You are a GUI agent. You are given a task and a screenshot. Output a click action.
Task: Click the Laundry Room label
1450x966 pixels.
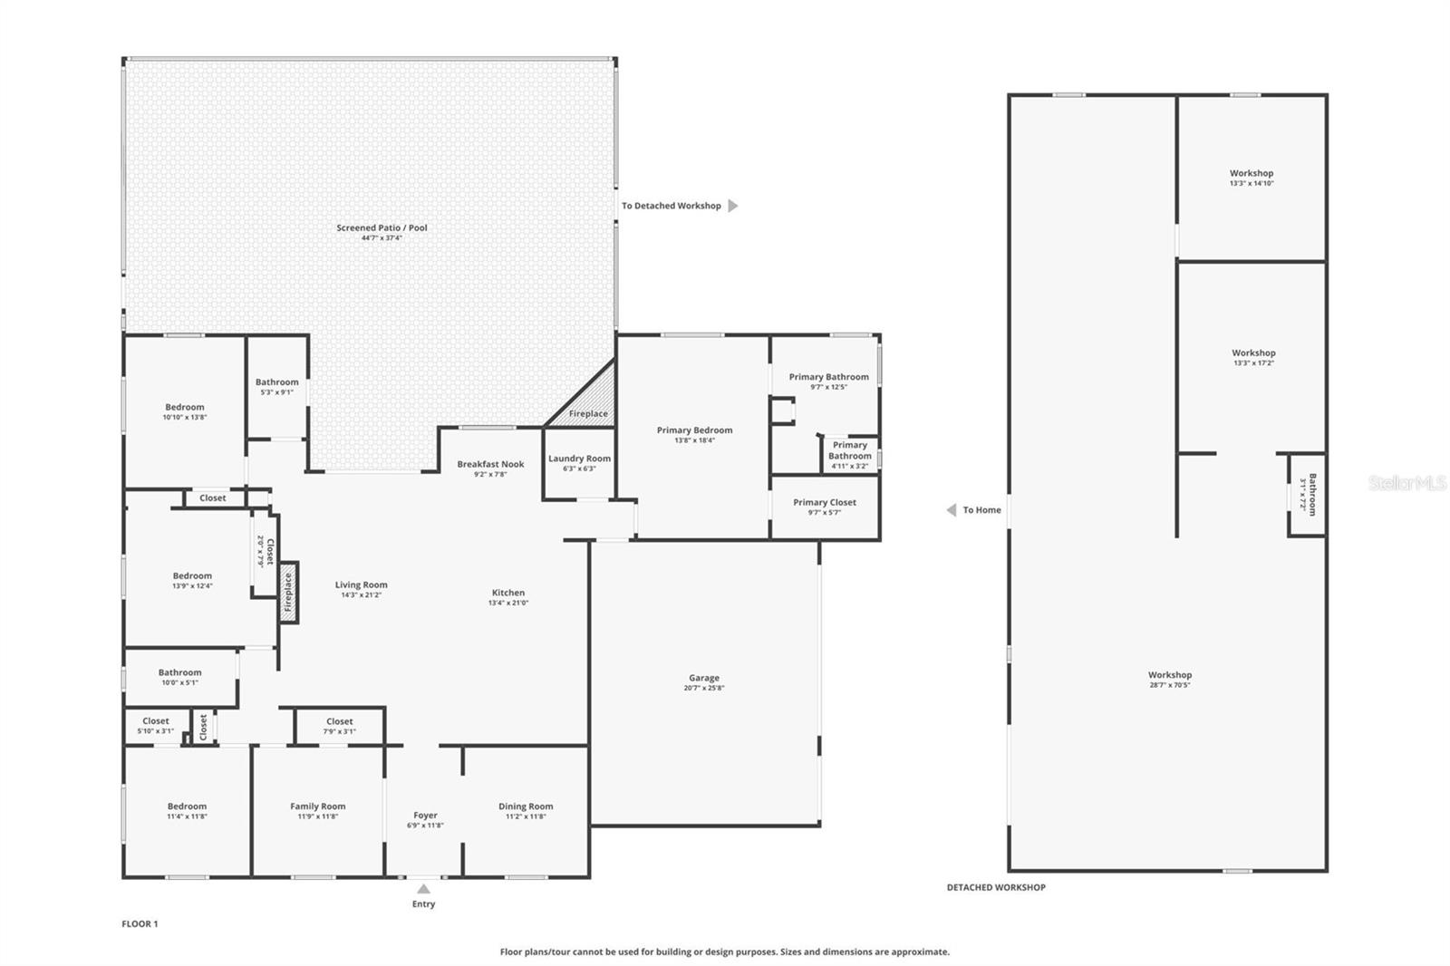(579, 459)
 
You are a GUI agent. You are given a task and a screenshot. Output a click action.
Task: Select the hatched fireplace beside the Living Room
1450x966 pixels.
(289, 593)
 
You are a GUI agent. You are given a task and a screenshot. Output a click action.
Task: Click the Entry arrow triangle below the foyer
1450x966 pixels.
(423, 889)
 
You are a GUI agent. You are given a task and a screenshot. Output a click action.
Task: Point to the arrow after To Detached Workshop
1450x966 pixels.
(733, 206)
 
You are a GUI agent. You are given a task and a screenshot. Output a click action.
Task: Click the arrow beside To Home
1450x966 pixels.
(952, 510)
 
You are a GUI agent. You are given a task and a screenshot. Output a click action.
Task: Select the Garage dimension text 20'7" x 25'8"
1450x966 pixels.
(704, 688)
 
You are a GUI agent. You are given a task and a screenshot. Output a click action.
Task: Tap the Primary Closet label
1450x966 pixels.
(824, 502)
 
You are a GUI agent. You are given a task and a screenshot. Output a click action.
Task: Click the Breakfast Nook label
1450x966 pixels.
(490, 464)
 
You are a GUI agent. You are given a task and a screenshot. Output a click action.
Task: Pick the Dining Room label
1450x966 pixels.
(526, 806)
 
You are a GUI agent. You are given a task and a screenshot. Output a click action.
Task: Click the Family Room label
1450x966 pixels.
(317, 806)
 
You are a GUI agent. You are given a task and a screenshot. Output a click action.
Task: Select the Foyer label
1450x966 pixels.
(425, 815)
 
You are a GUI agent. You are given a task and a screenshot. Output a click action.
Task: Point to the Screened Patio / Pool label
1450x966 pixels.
(382, 227)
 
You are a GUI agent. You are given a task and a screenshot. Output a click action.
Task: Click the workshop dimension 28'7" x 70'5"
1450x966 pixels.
(1170, 685)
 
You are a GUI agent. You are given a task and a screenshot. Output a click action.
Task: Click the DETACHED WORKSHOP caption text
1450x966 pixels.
(996, 887)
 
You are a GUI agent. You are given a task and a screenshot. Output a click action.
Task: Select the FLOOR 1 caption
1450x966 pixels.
(140, 923)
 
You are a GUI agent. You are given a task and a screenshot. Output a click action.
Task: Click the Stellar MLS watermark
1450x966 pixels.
(1406, 483)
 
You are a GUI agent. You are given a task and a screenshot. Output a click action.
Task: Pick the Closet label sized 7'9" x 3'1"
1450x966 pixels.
(340, 721)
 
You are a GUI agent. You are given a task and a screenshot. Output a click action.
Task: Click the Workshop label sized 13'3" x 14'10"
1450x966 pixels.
(1252, 173)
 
